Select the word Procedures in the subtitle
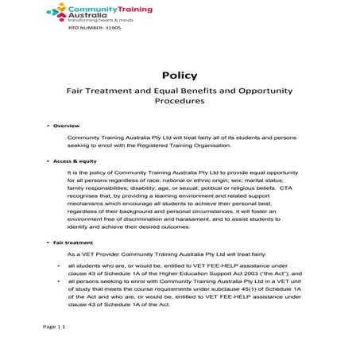179,102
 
